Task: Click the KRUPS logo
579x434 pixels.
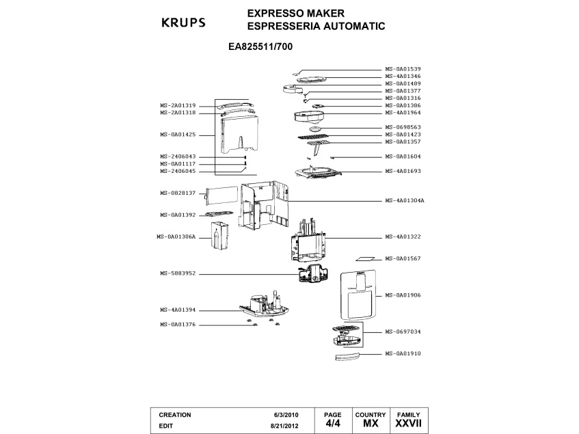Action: tap(183, 23)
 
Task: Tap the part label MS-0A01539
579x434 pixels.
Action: tap(403, 68)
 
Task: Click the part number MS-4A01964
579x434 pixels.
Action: tap(403, 113)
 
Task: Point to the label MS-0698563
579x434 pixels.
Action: tap(403, 127)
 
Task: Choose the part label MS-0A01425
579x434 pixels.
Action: tap(178, 135)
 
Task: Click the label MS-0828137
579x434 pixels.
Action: tap(178, 193)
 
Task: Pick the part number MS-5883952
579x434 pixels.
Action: tap(178, 273)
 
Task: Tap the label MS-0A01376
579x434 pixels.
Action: tap(178, 325)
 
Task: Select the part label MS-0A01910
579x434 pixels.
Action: tap(403, 353)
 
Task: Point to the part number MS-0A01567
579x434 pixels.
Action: tap(403, 258)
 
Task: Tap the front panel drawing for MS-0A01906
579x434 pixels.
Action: tap(358, 294)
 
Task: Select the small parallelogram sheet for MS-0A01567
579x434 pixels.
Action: tap(365, 260)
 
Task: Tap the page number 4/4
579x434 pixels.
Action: tap(332, 424)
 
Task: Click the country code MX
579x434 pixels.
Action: tap(371, 424)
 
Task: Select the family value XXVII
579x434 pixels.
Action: tap(409, 424)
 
